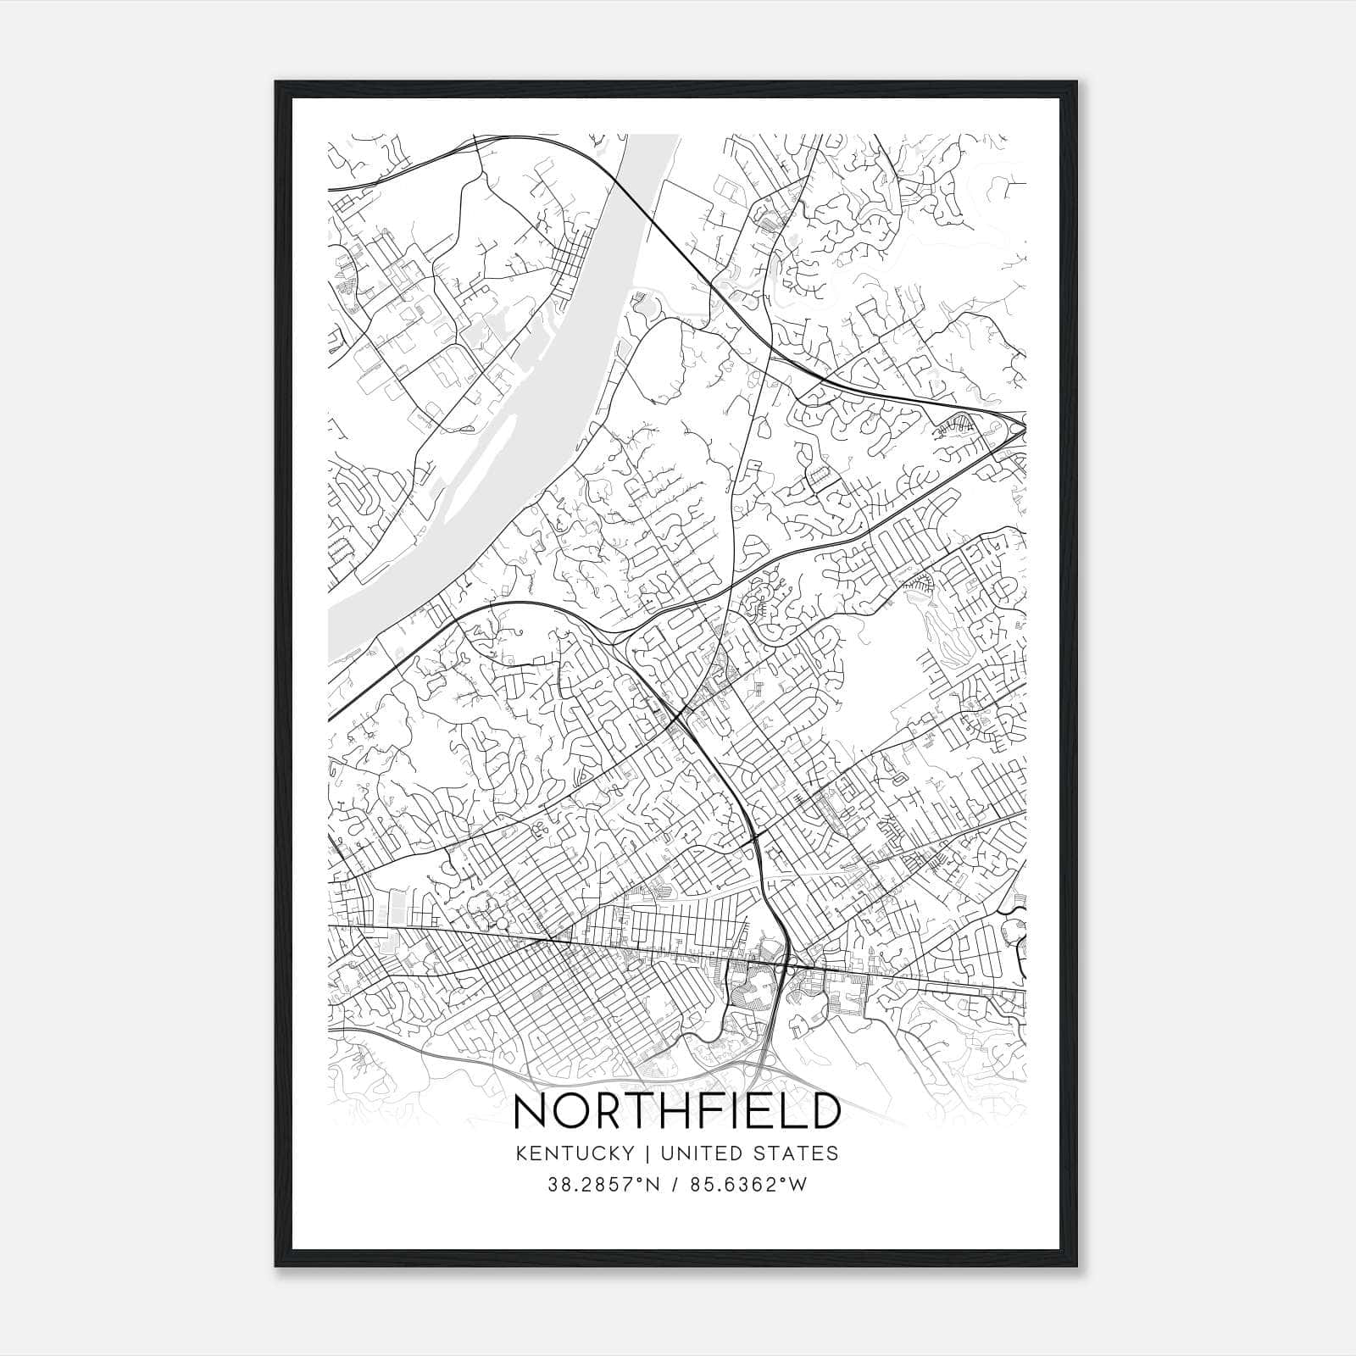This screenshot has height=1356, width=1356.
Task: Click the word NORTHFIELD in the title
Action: click(677, 1111)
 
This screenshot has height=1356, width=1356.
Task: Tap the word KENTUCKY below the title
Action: click(573, 1153)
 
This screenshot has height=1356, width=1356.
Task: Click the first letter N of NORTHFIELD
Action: click(531, 1111)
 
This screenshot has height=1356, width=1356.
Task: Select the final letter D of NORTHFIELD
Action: click(821, 1111)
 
